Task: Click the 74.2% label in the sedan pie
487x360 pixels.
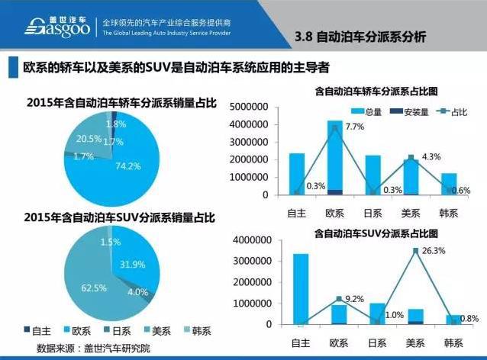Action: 128,165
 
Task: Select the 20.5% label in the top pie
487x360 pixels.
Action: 89,139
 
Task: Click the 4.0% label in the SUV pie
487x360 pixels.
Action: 137,291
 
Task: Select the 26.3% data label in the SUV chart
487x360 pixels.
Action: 434,249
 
